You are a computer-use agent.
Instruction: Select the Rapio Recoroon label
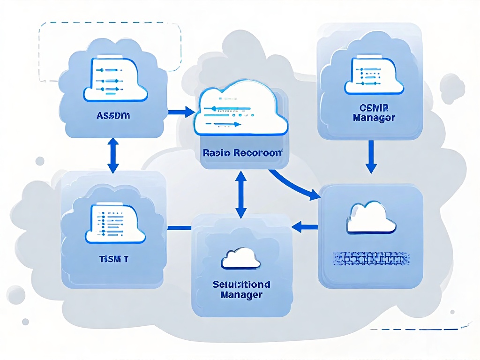click(x=242, y=152)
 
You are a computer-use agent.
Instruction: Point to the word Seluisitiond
click(x=241, y=285)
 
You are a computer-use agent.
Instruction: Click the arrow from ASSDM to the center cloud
click(x=181, y=112)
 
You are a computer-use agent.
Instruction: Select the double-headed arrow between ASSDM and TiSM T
click(x=113, y=155)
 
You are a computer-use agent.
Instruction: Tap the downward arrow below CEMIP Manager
click(x=371, y=157)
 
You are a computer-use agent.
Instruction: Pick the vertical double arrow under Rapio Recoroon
click(x=241, y=194)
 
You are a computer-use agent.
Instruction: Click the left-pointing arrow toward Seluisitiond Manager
click(x=305, y=227)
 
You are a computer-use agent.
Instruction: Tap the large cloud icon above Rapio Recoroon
click(x=242, y=109)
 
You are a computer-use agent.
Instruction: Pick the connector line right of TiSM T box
click(x=180, y=228)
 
